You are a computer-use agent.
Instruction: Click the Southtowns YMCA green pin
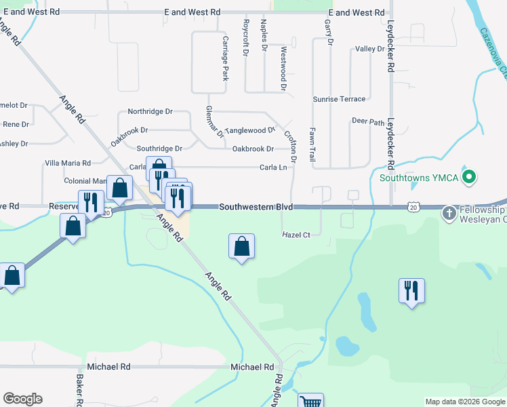tap(468, 178)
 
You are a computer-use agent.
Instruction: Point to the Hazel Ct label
tap(296, 235)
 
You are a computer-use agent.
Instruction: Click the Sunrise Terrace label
tap(339, 99)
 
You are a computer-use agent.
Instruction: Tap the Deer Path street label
tap(368, 122)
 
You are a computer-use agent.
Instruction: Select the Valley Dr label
tap(370, 50)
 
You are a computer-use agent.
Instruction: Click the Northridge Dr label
tap(150, 111)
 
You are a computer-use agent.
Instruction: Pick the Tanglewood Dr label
tap(251, 130)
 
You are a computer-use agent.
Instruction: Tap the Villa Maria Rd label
tap(68, 163)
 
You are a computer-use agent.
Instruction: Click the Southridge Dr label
tap(160, 149)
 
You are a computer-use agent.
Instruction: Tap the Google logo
tap(22, 399)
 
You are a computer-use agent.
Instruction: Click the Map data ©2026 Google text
tap(464, 402)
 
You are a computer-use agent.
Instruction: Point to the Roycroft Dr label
tap(246, 38)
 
